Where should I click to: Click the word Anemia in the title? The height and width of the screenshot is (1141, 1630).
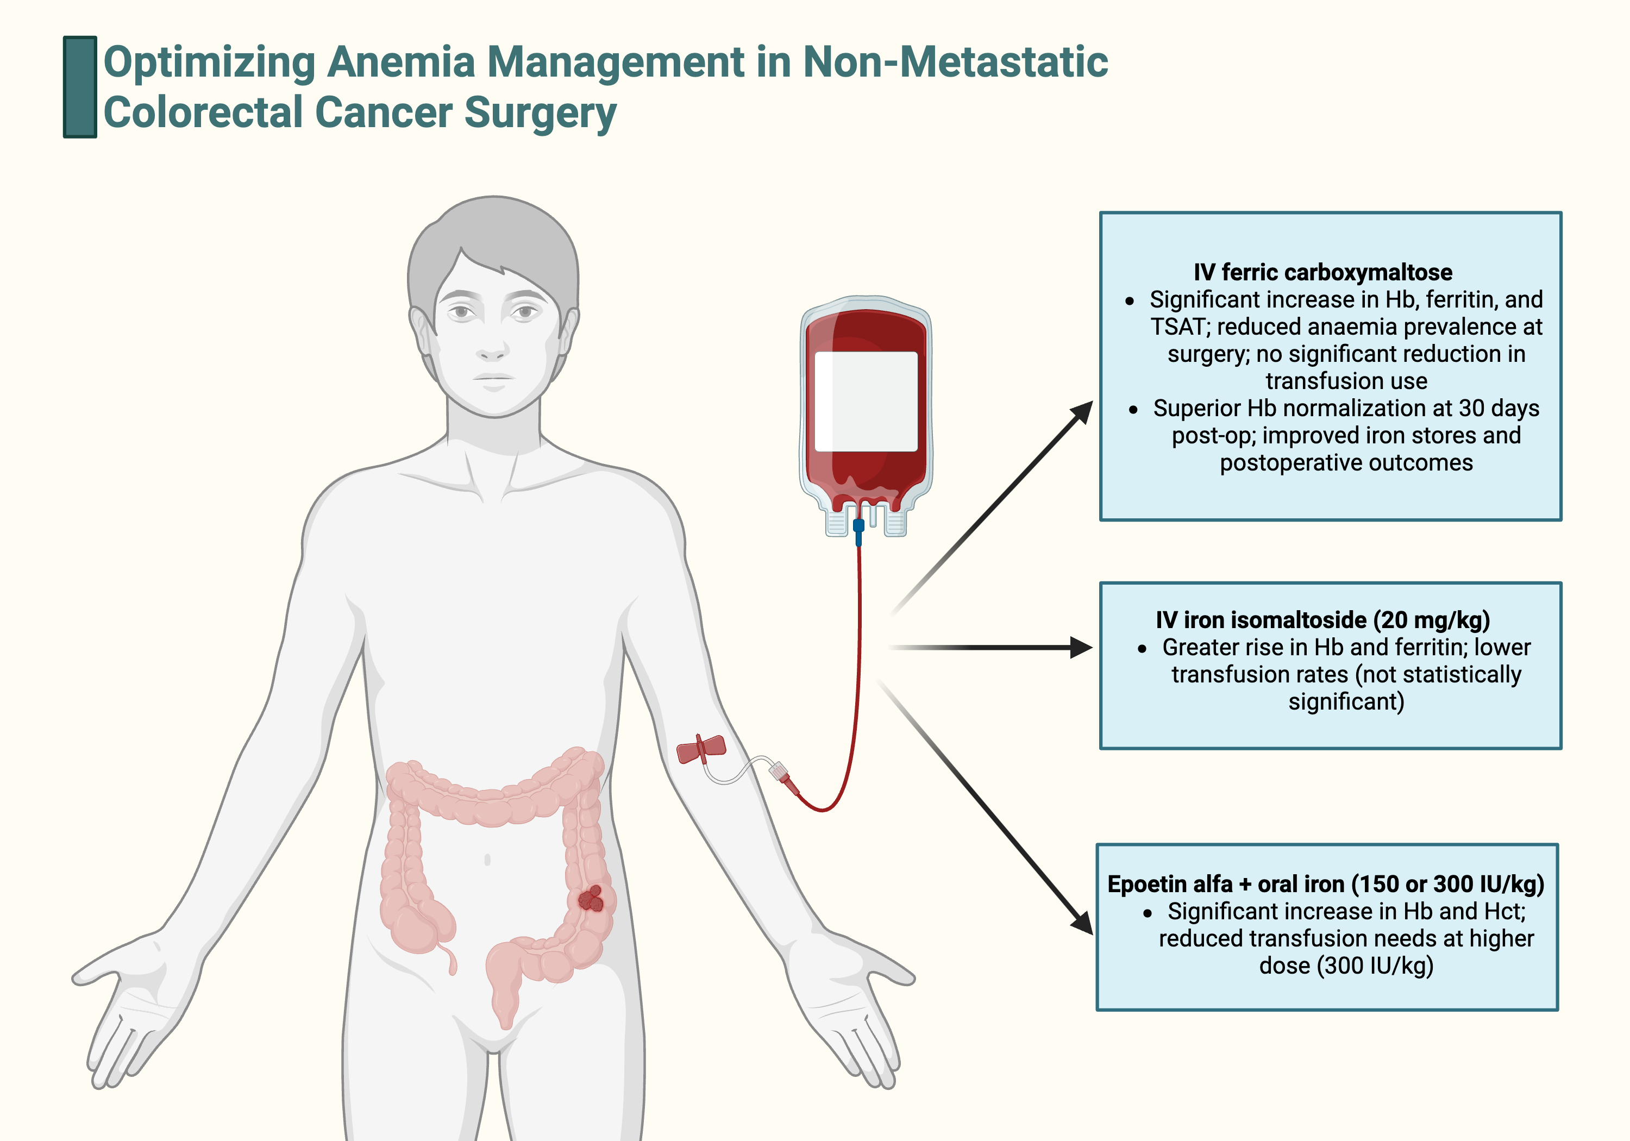(400, 62)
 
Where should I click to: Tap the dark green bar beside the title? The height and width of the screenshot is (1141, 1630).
(79, 86)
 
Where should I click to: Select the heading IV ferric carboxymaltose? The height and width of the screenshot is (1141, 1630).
(1322, 272)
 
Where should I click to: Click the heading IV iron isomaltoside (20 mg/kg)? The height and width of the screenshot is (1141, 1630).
(1322, 620)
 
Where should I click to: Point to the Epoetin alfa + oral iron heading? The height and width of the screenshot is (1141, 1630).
(1325, 884)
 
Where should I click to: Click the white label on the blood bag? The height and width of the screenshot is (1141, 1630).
(866, 401)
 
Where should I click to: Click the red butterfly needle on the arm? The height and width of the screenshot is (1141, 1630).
(701, 749)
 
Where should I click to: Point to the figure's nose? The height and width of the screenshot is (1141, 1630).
(491, 348)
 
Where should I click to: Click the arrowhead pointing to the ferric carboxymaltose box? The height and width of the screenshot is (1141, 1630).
(1083, 411)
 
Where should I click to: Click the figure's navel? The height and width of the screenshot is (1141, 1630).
(487, 860)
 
